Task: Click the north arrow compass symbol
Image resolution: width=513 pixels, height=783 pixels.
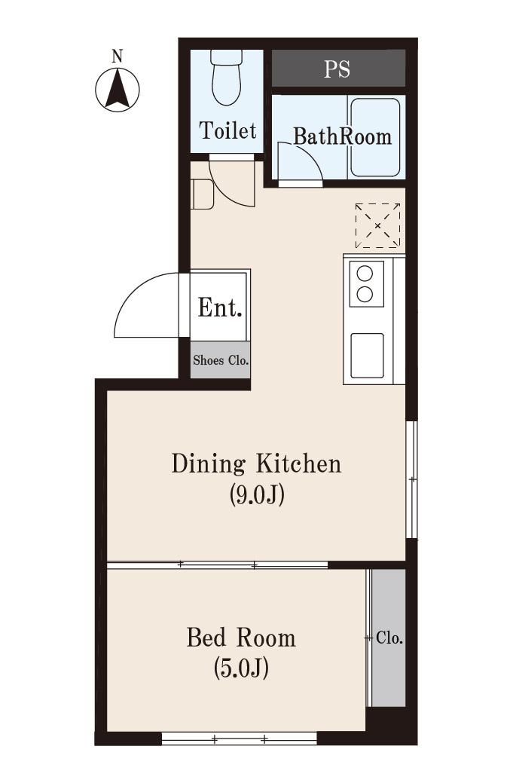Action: [118, 90]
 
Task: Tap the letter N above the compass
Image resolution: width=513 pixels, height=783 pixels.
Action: [117, 57]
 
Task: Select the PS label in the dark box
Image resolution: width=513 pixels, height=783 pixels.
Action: [337, 69]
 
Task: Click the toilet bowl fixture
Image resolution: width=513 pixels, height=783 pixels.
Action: [227, 77]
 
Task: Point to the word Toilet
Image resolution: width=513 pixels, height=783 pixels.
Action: [227, 130]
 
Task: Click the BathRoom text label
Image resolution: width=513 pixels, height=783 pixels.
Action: [342, 136]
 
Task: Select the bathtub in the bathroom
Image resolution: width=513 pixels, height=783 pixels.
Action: [375, 137]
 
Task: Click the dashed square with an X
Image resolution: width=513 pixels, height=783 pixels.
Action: [377, 226]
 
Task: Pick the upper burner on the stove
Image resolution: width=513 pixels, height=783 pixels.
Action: [365, 274]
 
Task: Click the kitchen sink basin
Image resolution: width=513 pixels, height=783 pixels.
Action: [368, 356]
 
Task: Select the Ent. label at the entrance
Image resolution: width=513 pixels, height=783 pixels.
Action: [220, 307]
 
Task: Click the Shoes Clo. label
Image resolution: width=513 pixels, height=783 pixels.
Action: [221, 360]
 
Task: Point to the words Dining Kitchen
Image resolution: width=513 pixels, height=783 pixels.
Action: [256, 464]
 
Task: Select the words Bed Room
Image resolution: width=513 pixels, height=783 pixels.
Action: [241, 638]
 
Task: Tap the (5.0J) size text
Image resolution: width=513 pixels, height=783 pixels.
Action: [241, 668]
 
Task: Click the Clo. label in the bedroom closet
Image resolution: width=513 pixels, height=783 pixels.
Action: [389, 638]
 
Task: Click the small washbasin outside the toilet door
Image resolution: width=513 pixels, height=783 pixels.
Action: [203, 194]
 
